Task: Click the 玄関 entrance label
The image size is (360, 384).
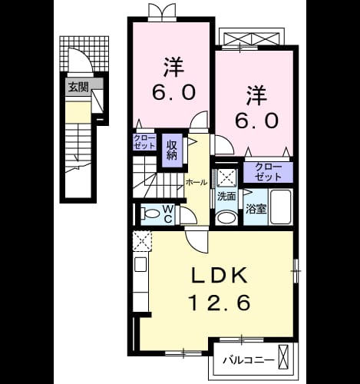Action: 78,88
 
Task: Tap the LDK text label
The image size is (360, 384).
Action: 220,275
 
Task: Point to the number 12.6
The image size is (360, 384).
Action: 219,303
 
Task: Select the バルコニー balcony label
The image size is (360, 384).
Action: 249,360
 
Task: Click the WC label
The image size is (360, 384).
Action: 168,214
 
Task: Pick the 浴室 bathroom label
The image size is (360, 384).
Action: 256,210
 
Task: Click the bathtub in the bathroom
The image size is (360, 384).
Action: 281,207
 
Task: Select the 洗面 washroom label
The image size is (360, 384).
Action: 226,197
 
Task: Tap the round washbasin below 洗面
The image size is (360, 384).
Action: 226,218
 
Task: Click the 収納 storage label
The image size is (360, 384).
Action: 172,151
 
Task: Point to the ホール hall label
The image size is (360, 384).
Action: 197,183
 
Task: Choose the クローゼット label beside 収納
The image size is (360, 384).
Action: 144,142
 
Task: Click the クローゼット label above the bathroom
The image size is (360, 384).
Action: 269,172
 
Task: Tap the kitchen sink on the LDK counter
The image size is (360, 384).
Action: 140,264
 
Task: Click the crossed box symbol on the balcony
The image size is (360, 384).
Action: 283,356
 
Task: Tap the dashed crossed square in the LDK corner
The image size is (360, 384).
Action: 142,240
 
